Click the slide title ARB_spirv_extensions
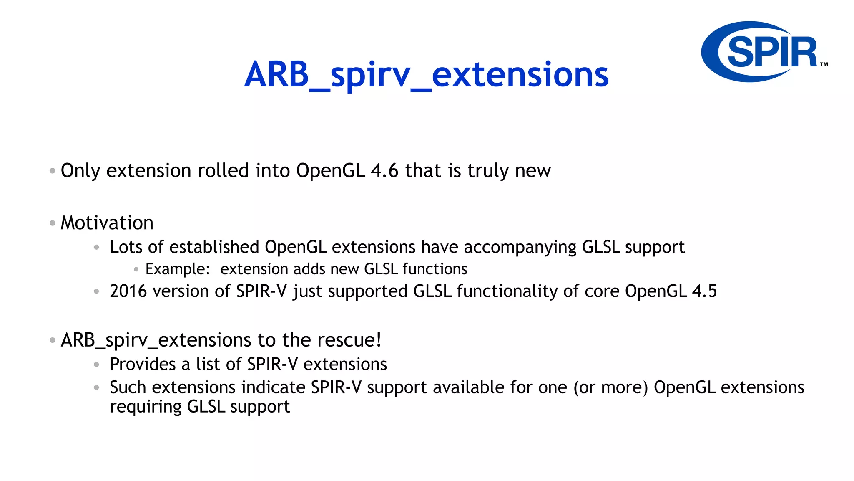pos(426,75)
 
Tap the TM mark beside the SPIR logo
pos(824,64)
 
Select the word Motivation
pos(107,223)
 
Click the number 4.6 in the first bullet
pos(384,171)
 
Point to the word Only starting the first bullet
pos(80,171)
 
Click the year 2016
pos(128,291)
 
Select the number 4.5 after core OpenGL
pos(704,291)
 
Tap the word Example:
pos(178,269)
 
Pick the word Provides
pos(143,365)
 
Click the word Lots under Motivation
pos(126,247)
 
